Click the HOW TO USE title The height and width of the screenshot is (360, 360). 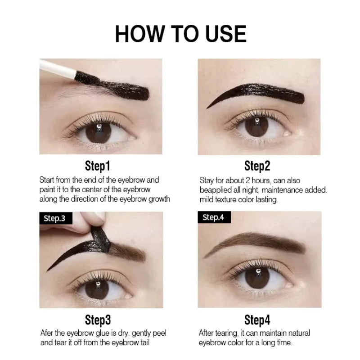(x=180, y=34)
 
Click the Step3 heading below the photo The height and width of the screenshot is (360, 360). (x=98, y=320)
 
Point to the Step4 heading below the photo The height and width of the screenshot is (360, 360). (x=257, y=320)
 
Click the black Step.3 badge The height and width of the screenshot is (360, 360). (x=54, y=219)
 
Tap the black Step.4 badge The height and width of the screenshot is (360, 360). (x=214, y=218)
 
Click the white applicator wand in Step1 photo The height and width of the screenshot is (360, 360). (x=56, y=67)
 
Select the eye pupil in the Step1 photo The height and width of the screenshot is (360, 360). (x=98, y=132)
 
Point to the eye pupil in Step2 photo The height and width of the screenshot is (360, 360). (x=256, y=126)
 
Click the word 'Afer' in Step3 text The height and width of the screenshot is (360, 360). (x=47, y=333)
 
